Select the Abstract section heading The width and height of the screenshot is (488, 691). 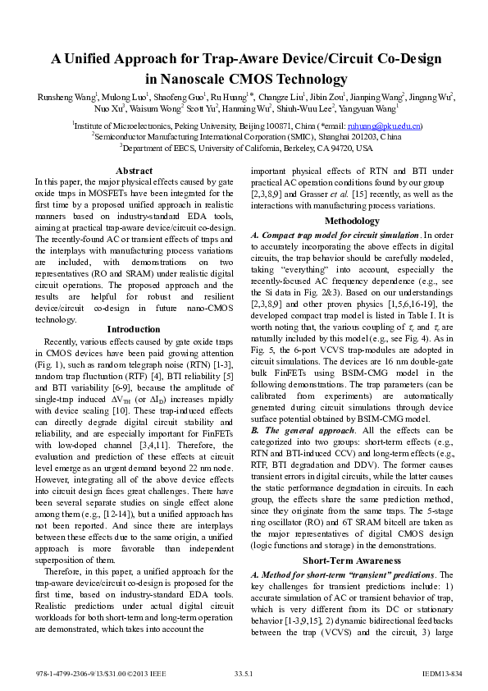pos(134,171)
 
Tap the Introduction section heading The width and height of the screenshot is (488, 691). pos(134,329)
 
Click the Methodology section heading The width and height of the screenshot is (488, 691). pos(352,222)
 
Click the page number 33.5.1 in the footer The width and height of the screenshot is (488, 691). pos(244,672)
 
